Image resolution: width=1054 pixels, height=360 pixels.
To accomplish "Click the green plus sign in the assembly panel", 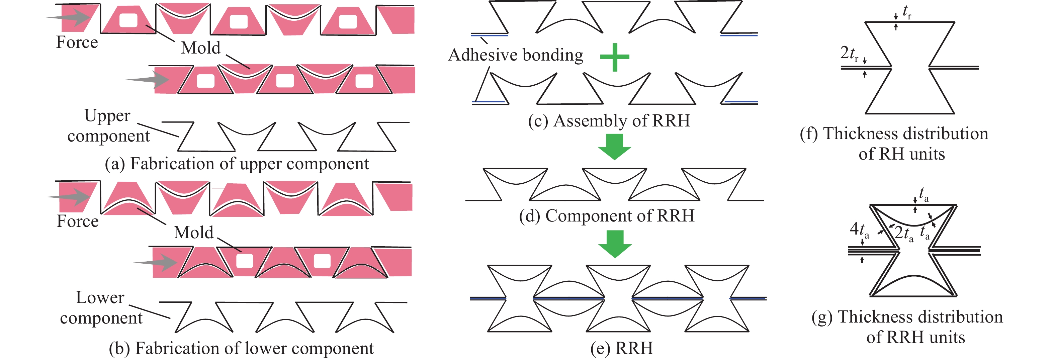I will [615, 57].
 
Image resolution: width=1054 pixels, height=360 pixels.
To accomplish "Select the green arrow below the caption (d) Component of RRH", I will [615, 244].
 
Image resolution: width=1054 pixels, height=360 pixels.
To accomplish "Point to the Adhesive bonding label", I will [516, 55].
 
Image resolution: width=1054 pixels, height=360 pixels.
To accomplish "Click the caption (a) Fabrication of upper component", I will [237, 164].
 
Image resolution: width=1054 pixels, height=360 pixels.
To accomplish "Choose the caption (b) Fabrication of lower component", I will [241, 348].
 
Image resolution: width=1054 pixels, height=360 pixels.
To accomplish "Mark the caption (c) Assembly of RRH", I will [609, 121].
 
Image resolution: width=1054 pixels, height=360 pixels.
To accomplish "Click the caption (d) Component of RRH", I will [606, 215].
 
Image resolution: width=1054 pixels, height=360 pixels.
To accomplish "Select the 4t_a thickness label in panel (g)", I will [859, 230].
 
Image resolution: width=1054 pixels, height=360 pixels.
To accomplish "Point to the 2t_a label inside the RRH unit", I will [903, 233].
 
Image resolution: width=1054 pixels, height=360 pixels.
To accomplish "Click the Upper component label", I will [108, 125].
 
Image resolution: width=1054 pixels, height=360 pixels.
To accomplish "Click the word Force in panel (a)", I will [77, 42].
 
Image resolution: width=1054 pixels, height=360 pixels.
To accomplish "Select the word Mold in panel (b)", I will [193, 233].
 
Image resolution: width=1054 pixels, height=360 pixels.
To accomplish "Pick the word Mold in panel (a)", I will [200, 48].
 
